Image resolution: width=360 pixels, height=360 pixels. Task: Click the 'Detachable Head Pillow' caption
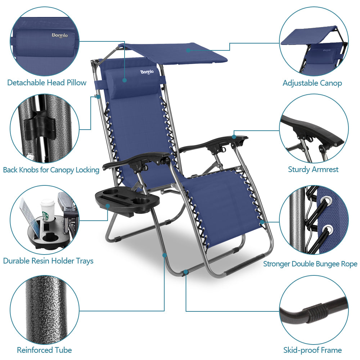47,83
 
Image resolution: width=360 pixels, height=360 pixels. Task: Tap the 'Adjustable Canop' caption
312,83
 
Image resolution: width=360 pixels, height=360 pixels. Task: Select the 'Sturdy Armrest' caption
313,169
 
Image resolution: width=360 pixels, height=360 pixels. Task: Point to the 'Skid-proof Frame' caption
312,350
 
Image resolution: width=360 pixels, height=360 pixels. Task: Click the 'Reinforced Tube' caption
44,350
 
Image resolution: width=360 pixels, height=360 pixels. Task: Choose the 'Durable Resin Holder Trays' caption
48,261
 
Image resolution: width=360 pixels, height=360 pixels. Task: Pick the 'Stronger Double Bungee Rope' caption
310,264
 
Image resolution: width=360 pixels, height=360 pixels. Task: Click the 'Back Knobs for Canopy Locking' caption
51,170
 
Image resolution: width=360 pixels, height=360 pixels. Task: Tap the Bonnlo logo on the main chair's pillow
147,72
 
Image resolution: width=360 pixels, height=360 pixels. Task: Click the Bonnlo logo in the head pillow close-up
60,35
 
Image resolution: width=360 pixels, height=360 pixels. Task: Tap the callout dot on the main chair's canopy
188,50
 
